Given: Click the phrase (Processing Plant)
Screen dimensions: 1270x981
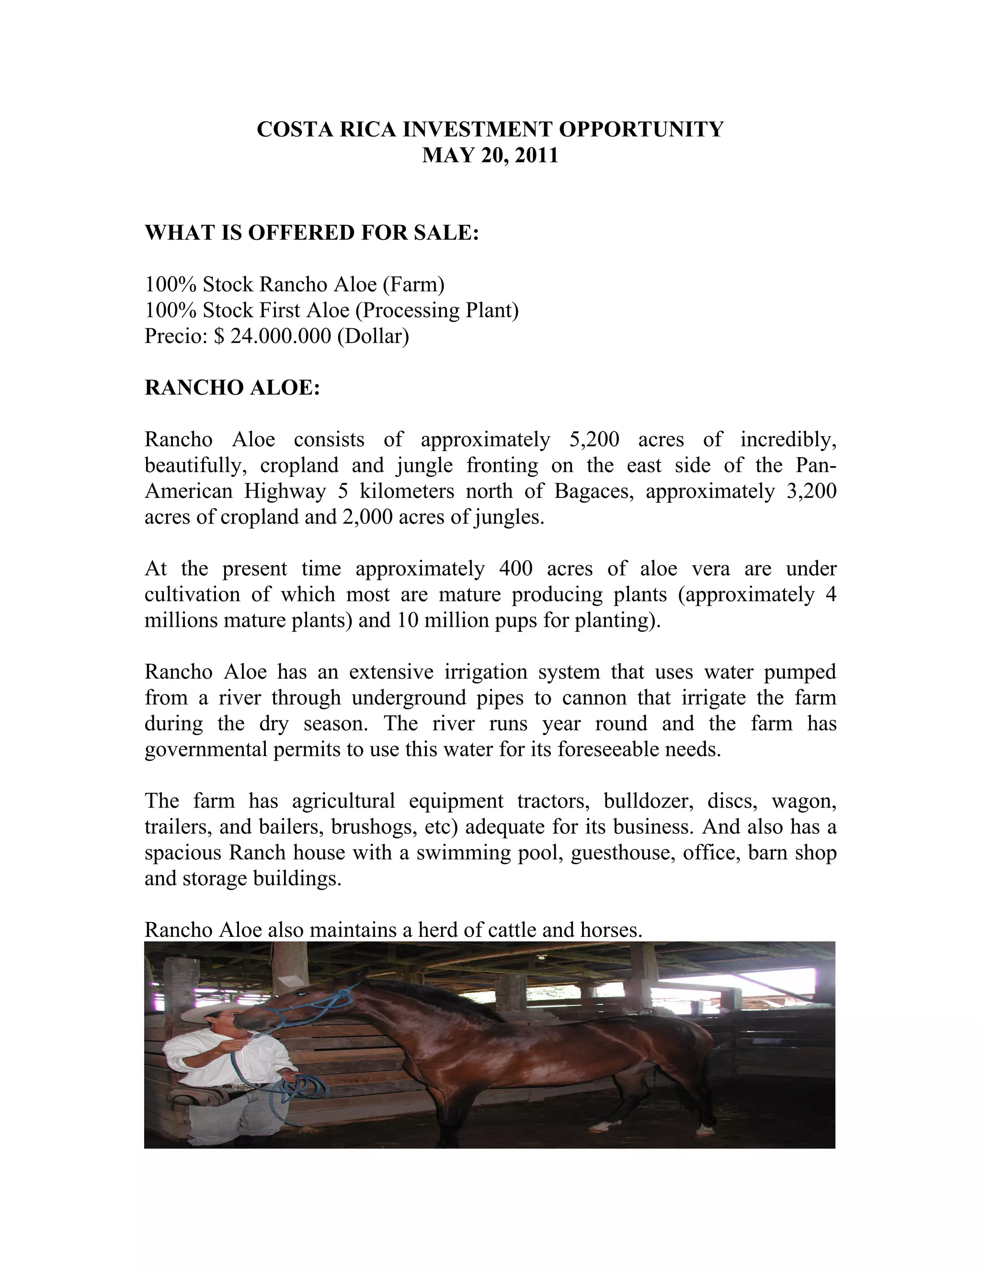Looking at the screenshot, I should [x=436, y=310].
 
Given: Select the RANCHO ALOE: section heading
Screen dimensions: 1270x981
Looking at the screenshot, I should [x=232, y=387].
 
